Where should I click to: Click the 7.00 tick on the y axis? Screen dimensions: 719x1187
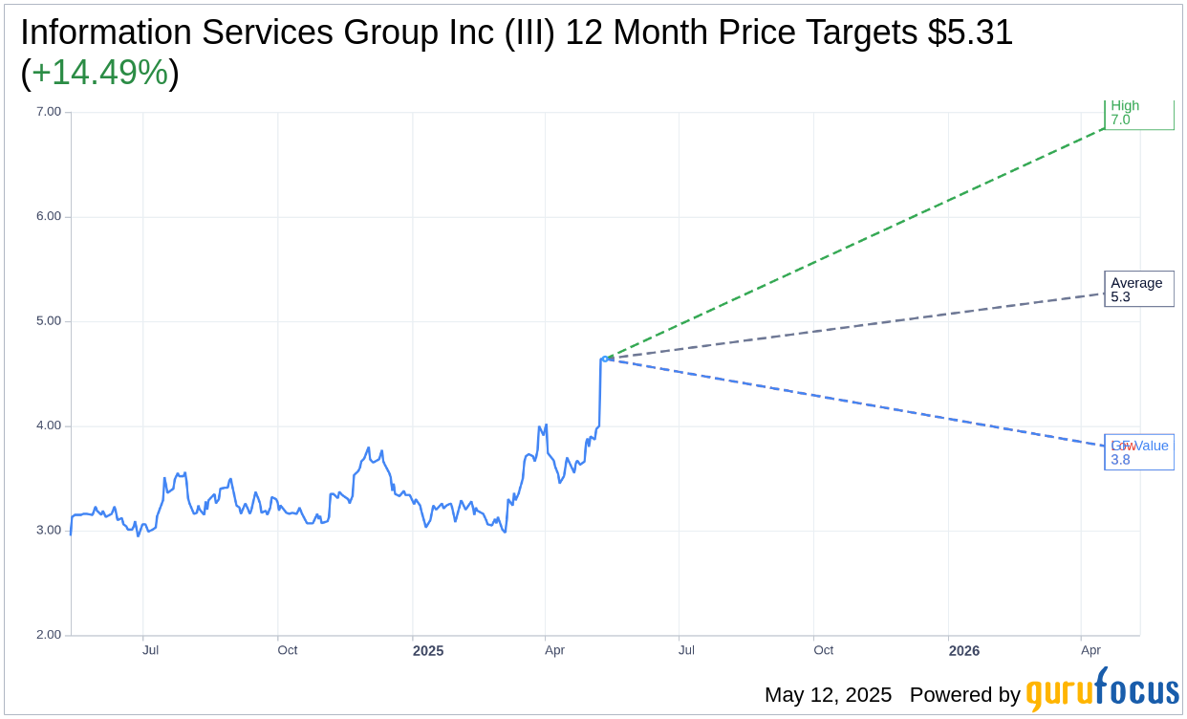coord(49,112)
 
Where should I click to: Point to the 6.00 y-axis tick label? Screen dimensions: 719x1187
coord(49,216)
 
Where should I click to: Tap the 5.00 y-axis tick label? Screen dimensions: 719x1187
coord(49,321)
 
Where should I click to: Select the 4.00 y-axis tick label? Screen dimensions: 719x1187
coord(49,425)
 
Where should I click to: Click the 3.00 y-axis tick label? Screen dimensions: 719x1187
coord(49,531)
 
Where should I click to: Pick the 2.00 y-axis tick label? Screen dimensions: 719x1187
coord(49,635)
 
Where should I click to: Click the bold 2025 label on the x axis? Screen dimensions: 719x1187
coord(428,651)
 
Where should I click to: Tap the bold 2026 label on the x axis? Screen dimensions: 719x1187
coord(964,651)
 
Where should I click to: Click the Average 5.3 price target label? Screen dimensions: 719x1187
coord(1138,290)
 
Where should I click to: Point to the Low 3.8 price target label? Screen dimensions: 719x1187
coord(1138,452)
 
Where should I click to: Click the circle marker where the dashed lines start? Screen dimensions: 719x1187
coord(605,359)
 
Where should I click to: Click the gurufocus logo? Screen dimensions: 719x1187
coord(1102,690)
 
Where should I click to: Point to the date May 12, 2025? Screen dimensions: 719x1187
coord(828,695)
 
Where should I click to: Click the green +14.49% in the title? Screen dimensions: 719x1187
coord(99,73)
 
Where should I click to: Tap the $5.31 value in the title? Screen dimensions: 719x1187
coord(970,33)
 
